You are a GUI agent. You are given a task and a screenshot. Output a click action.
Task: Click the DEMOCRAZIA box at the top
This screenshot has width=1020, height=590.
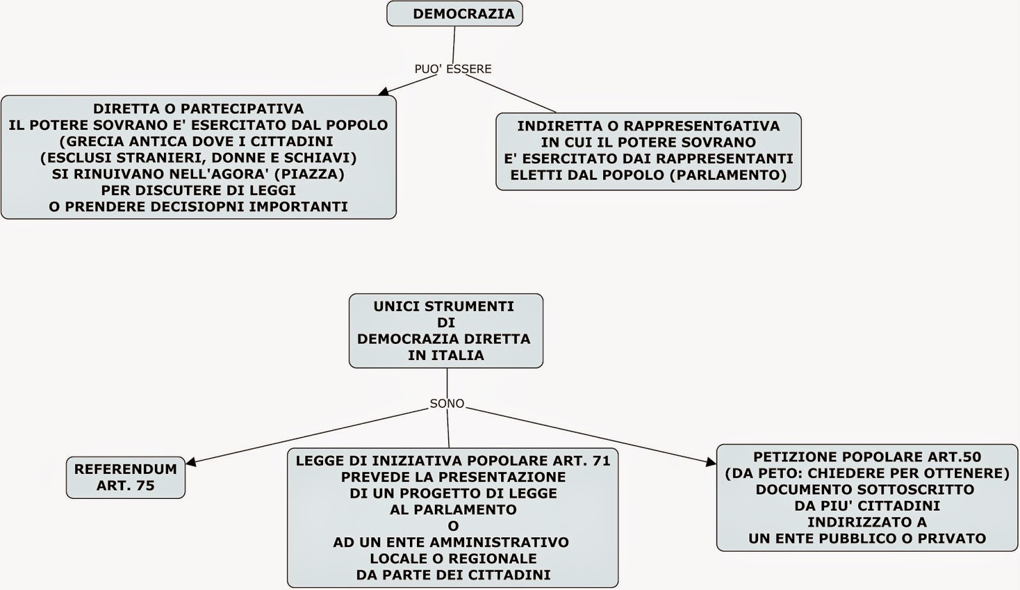click(455, 14)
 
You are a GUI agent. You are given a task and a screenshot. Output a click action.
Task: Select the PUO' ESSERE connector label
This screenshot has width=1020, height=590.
click(453, 69)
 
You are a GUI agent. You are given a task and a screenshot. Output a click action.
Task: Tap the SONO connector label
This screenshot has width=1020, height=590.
click(447, 404)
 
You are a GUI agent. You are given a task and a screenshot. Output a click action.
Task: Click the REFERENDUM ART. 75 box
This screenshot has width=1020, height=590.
click(126, 477)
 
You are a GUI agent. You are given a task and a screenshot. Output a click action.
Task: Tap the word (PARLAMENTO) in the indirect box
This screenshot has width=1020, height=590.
click(728, 175)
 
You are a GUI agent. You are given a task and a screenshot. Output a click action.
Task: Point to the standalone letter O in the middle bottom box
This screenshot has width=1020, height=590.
click(453, 526)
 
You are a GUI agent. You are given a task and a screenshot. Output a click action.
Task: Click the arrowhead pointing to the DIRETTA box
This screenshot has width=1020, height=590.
click(383, 92)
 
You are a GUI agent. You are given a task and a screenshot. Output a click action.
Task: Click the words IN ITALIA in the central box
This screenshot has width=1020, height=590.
click(446, 356)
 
